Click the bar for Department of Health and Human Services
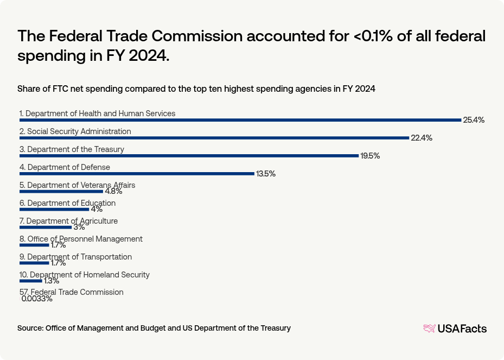[x=240, y=120]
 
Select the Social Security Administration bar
[x=214, y=138]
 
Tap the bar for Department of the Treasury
[x=189, y=156]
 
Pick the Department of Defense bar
[x=137, y=174]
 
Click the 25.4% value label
[x=473, y=120]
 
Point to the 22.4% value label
[x=421, y=138]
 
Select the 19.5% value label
[x=370, y=156]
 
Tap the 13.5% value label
[x=266, y=174]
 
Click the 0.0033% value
[x=37, y=299]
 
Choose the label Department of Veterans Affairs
[x=77, y=185]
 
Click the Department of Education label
[x=67, y=203]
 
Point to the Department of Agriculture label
[x=68, y=221]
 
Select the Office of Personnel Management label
[x=81, y=239]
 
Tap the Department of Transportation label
[x=75, y=257]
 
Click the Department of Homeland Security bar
[x=30, y=281]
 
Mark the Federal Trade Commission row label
[x=71, y=292]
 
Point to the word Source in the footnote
[x=30, y=328]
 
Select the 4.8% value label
[x=113, y=191]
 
